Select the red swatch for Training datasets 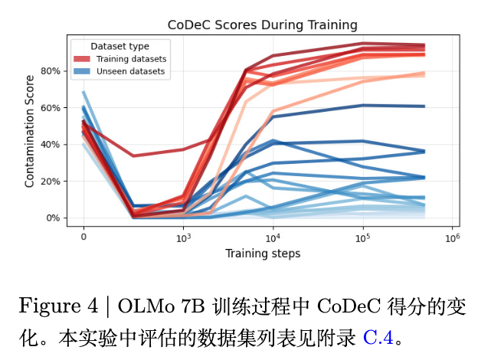81,59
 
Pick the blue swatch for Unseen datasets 81,71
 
